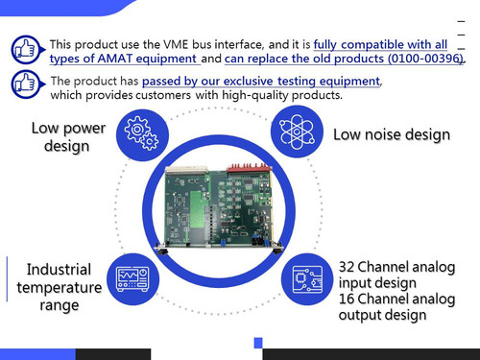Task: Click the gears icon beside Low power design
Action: (x=142, y=133)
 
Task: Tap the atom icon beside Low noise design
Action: (x=297, y=132)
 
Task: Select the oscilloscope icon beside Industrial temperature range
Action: (x=132, y=279)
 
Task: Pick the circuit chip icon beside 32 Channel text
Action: (x=308, y=279)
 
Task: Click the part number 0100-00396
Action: (x=425, y=59)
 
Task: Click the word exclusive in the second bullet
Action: (x=248, y=82)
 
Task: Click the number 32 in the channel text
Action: (x=347, y=267)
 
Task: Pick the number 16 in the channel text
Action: (x=347, y=299)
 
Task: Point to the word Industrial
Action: (x=59, y=270)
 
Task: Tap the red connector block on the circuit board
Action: (x=249, y=168)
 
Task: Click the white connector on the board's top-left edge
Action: (x=186, y=170)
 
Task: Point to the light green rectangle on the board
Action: (x=198, y=209)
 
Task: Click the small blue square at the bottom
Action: (x=258, y=343)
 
